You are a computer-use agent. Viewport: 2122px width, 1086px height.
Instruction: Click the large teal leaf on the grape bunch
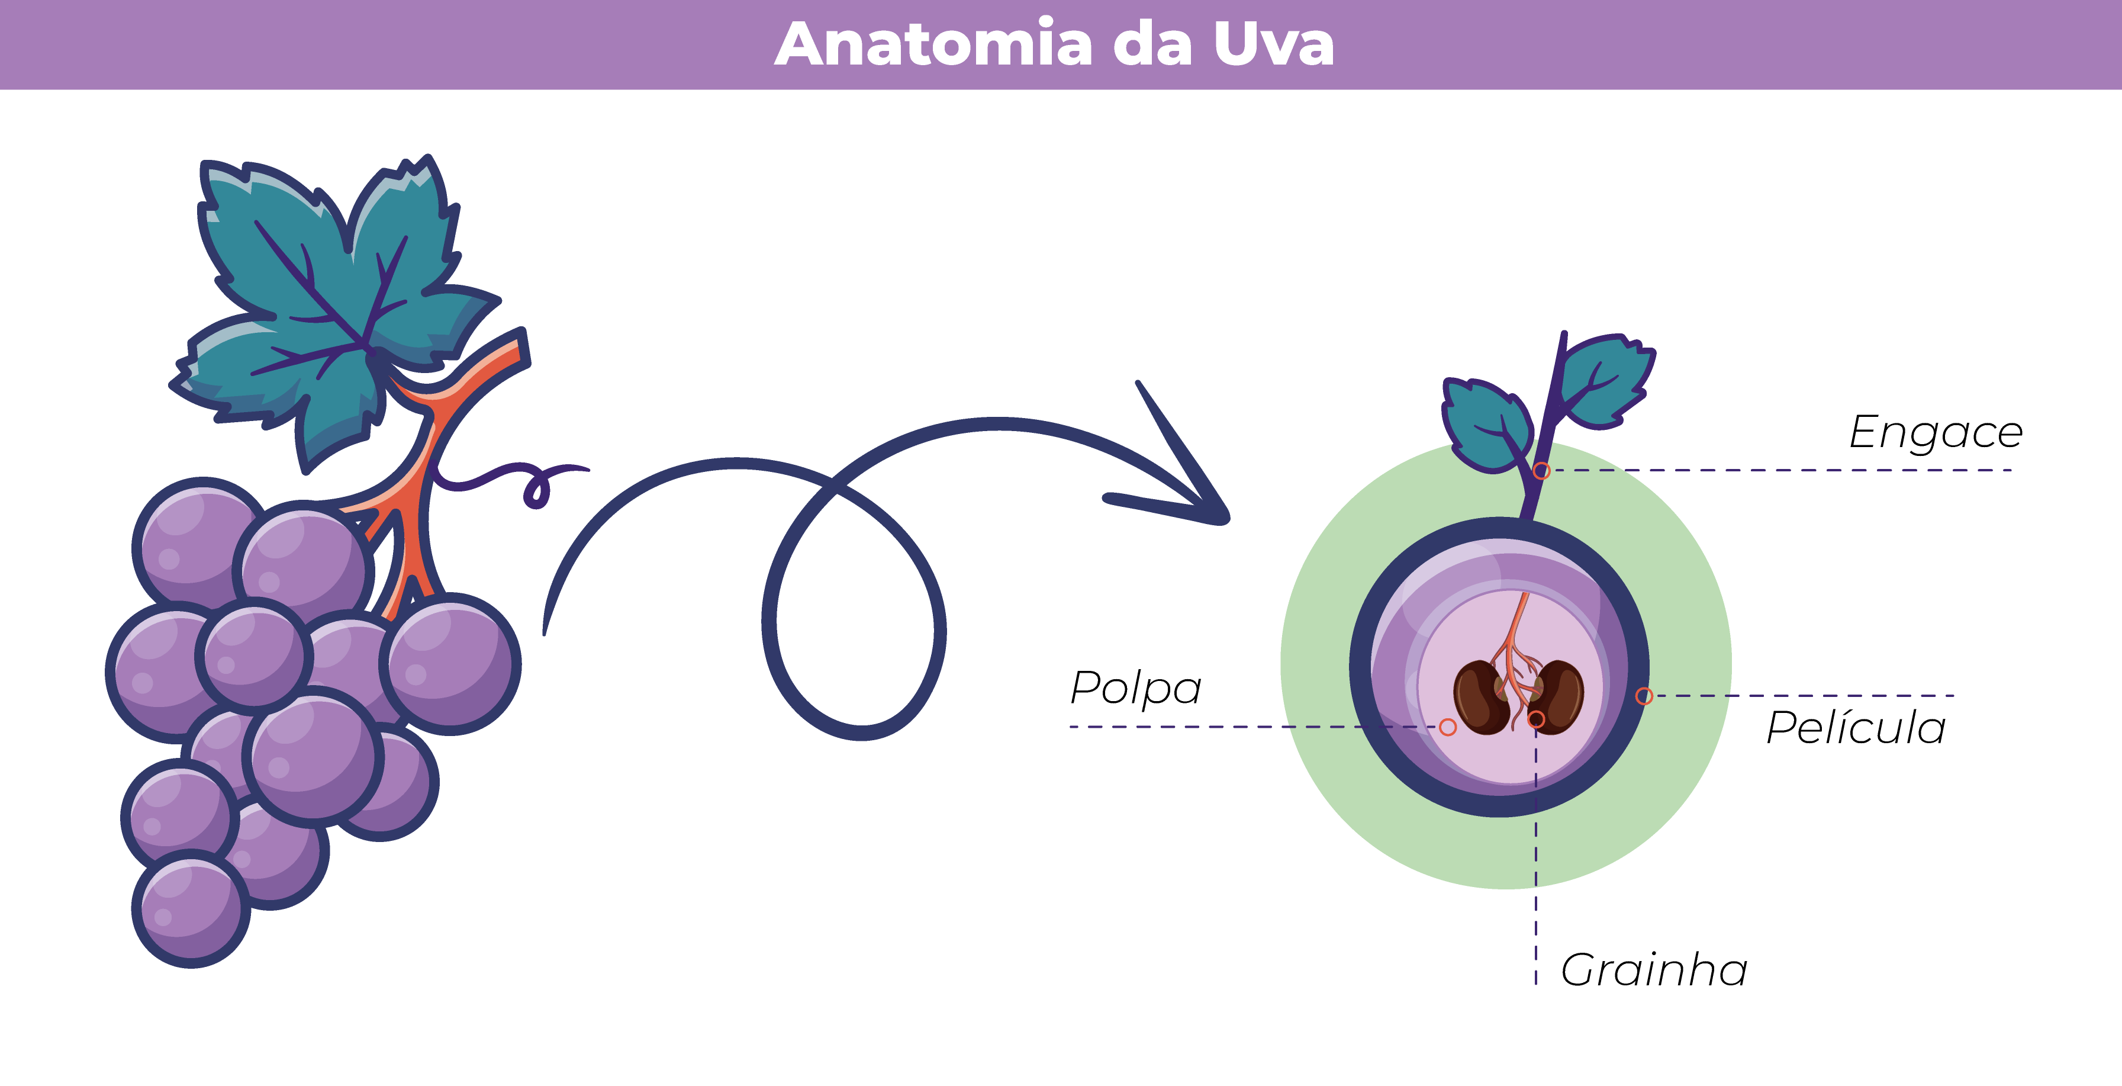pyautogui.click(x=330, y=305)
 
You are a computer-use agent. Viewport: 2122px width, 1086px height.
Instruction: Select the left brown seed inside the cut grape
pyautogui.click(x=1480, y=697)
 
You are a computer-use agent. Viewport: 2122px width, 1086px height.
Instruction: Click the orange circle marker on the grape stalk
pyautogui.click(x=1542, y=471)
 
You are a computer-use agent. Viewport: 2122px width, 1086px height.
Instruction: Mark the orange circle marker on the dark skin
pyautogui.click(x=1643, y=696)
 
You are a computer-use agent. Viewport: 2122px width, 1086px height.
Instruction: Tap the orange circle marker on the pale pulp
pyautogui.click(x=1447, y=727)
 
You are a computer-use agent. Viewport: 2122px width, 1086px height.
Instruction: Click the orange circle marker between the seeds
pyautogui.click(x=1535, y=719)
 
